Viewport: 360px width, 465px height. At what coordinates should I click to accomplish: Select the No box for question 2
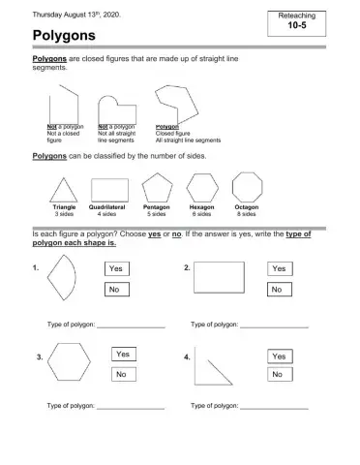point(279,290)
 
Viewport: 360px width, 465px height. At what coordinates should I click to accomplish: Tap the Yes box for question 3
point(123,355)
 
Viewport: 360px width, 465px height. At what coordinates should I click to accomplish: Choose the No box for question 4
point(279,375)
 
